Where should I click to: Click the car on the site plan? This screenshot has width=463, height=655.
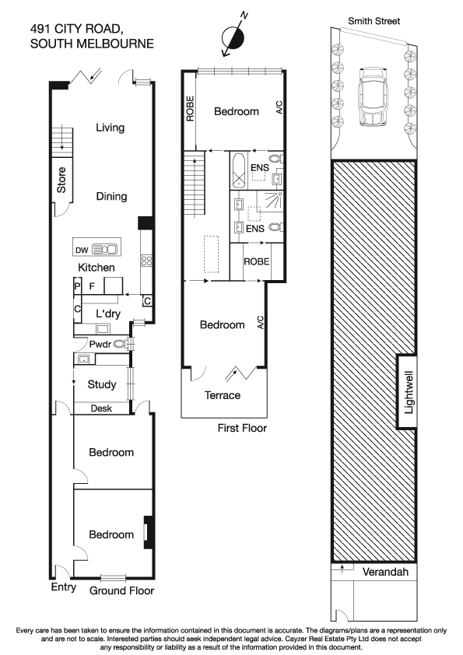(x=373, y=98)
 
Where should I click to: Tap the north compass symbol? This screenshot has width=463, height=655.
(x=234, y=38)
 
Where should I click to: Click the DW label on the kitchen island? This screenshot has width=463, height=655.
(x=81, y=250)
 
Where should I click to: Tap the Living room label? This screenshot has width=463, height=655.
(x=110, y=128)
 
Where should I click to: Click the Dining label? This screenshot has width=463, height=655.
(x=111, y=196)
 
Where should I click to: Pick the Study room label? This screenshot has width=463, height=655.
(x=101, y=384)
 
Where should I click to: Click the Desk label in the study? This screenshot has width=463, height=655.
(x=101, y=408)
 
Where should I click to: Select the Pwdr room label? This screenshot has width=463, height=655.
(x=99, y=343)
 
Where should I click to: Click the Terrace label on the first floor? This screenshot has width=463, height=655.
(x=222, y=395)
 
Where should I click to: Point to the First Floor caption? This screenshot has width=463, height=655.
(x=242, y=428)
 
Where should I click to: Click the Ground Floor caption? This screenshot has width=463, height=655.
(x=121, y=590)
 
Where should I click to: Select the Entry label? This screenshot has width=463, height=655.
(x=63, y=587)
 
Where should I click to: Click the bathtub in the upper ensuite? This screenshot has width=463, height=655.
(x=237, y=166)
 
